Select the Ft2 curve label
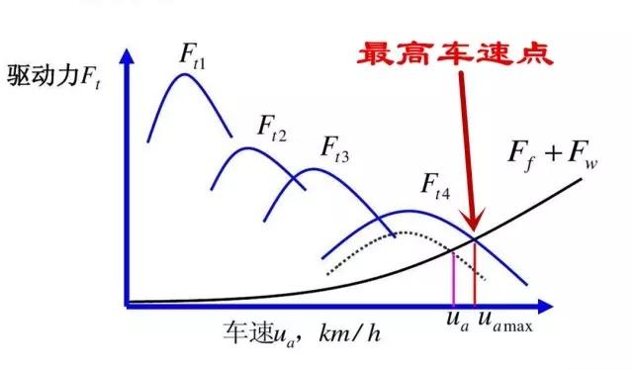coord(272,126)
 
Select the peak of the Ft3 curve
coord(313,169)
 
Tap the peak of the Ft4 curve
coord(408,212)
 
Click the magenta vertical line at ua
coord(453,277)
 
